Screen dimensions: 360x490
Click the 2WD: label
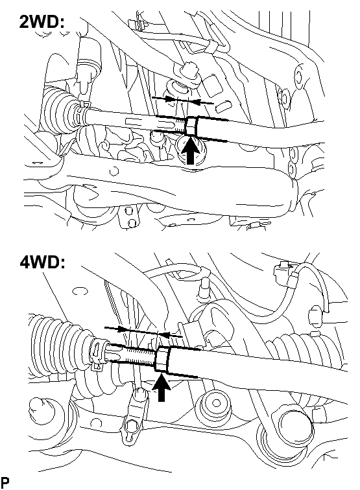(42, 22)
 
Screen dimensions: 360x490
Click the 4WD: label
(43, 262)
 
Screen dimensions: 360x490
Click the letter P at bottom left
(5, 482)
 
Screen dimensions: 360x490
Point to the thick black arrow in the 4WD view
(161, 387)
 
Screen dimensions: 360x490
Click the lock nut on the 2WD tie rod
(192, 126)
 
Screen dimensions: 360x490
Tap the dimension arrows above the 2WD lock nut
(183, 100)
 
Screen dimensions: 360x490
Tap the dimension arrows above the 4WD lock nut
(143, 332)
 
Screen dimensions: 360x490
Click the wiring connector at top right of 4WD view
(283, 273)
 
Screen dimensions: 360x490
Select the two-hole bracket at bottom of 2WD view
(129, 216)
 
